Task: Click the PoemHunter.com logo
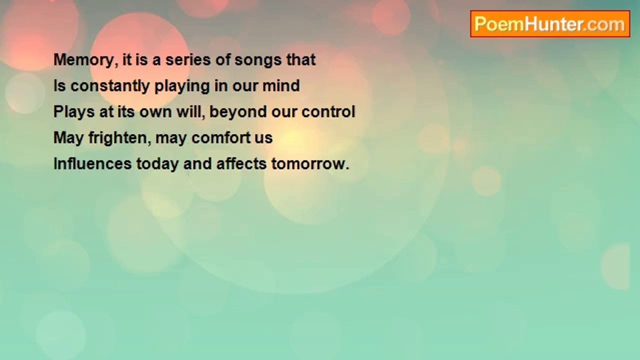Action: point(550,24)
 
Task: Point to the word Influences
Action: point(92,163)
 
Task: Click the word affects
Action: point(241,163)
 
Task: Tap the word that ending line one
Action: point(301,59)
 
